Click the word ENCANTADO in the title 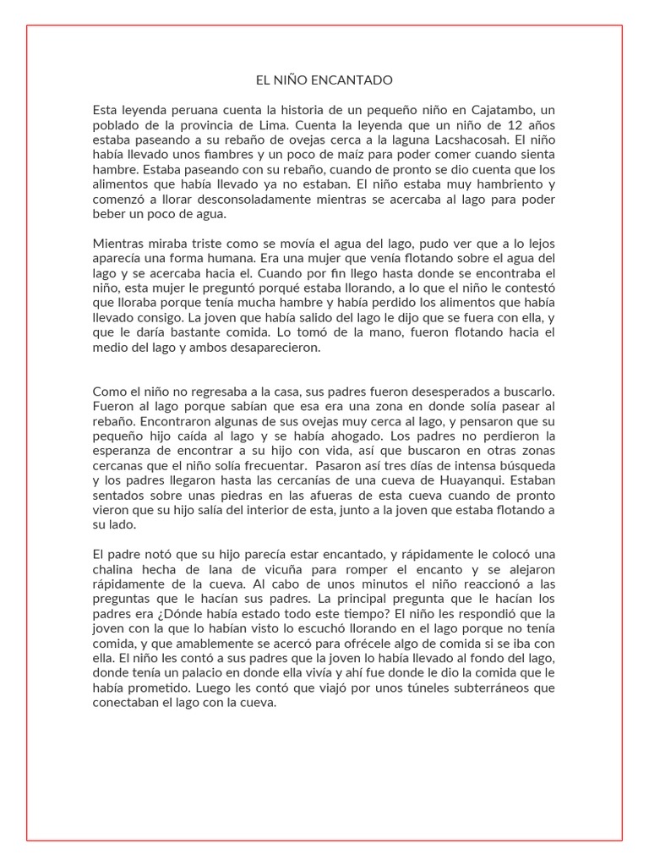click(357, 80)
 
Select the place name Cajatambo click(493, 110)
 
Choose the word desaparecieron click(276, 347)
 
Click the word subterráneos click(472, 688)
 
